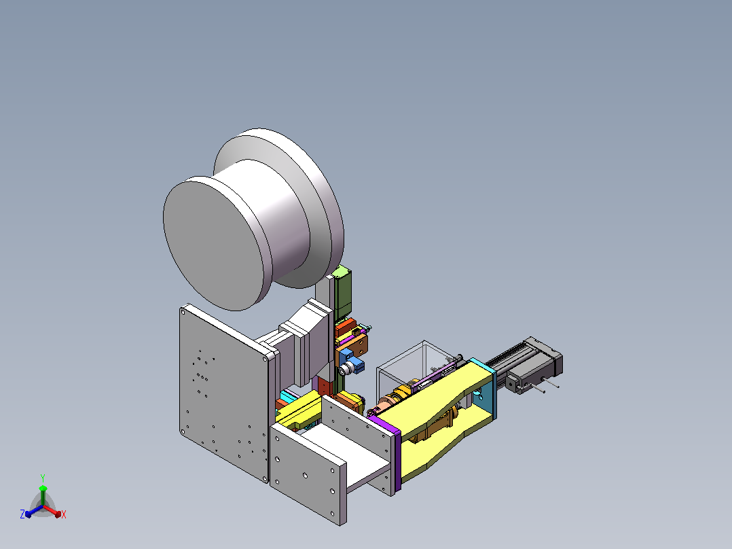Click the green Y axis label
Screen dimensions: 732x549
tap(43, 478)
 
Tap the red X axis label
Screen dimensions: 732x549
tap(64, 514)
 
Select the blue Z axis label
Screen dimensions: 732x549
tap(22, 514)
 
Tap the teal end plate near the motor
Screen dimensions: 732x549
tap(486, 388)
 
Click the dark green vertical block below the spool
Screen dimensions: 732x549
tap(343, 292)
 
